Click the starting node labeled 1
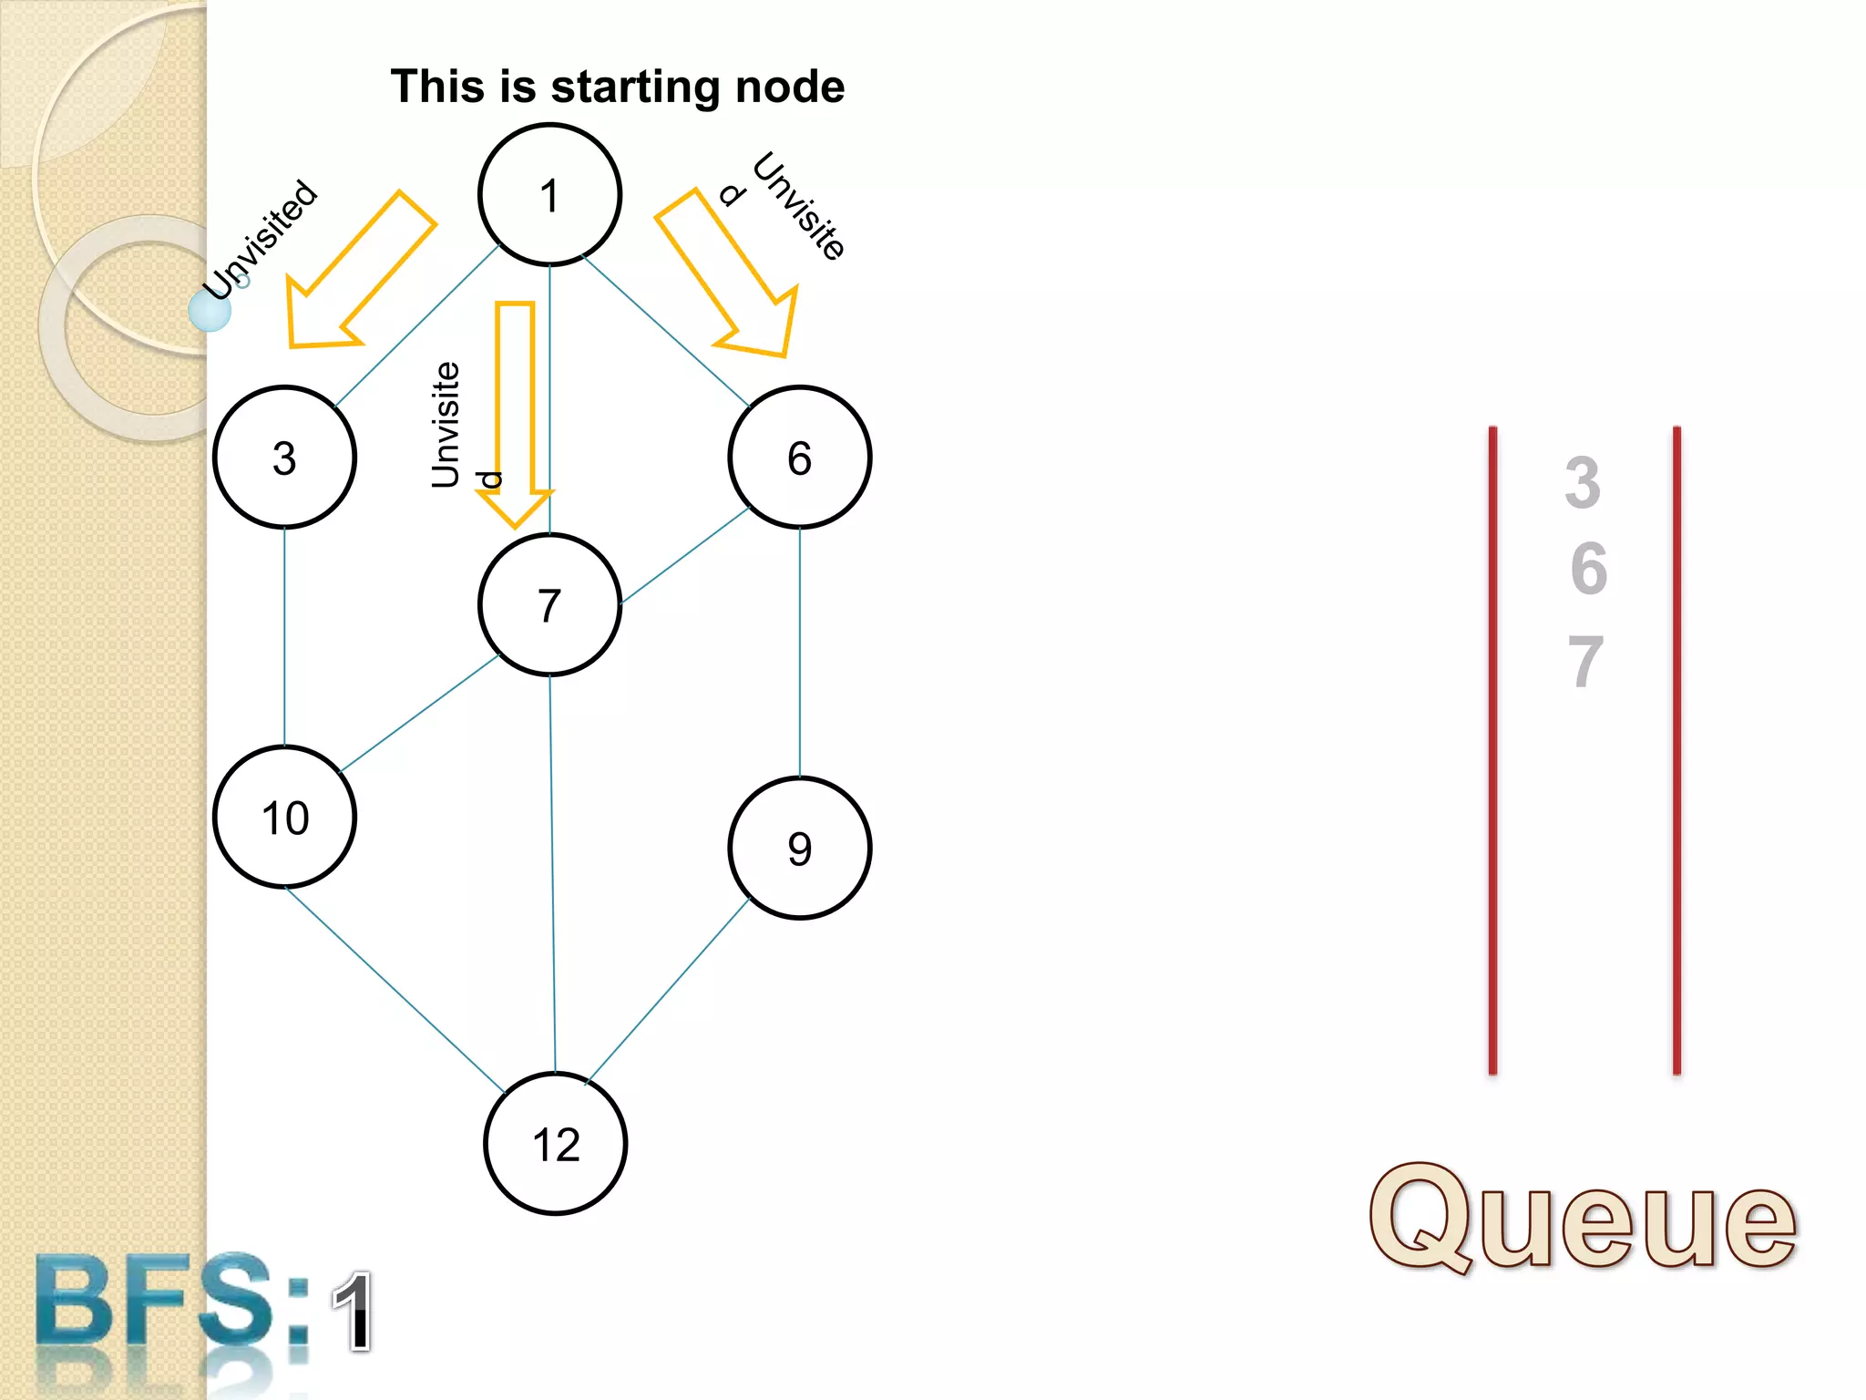(x=549, y=195)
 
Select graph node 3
(x=284, y=458)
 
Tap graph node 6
(x=799, y=458)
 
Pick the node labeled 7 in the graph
(x=549, y=605)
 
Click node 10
(x=284, y=818)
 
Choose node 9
(x=799, y=849)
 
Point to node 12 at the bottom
(x=555, y=1144)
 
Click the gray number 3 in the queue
(x=1583, y=482)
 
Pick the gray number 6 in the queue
(x=1588, y=569)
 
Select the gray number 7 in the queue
(x=1585, y=662)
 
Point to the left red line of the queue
(x=1492, y=747)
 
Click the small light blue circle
(x=210, y=311)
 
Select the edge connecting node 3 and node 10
(x=284, y=638)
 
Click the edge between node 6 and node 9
(x=800, y=652)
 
